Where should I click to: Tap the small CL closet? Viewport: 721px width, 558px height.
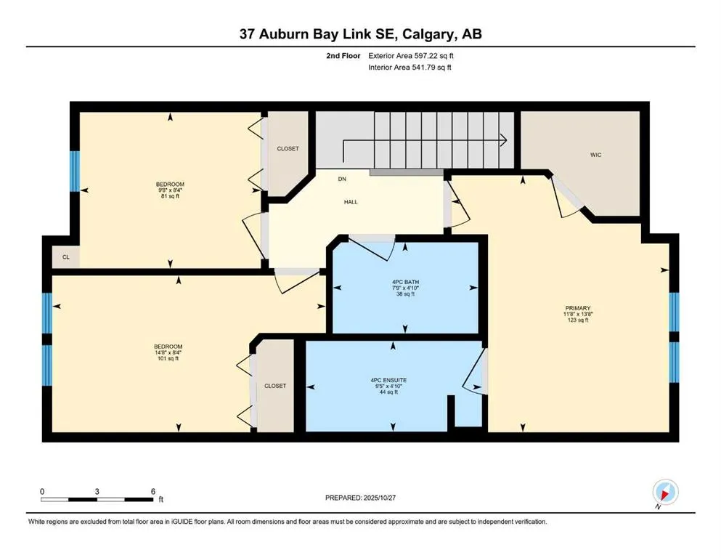[65, 256]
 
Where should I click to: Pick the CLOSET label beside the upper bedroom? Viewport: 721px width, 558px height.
[288, 149]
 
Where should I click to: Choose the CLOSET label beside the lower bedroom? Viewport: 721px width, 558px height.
[275, 386]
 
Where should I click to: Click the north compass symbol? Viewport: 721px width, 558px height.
[664, 493]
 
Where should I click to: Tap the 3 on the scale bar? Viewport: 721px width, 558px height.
[97, 490]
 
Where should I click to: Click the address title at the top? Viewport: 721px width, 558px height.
[360, 33]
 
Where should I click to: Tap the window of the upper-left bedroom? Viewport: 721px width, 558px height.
[74, 171]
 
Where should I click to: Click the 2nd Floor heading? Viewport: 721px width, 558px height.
[343, 55]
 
